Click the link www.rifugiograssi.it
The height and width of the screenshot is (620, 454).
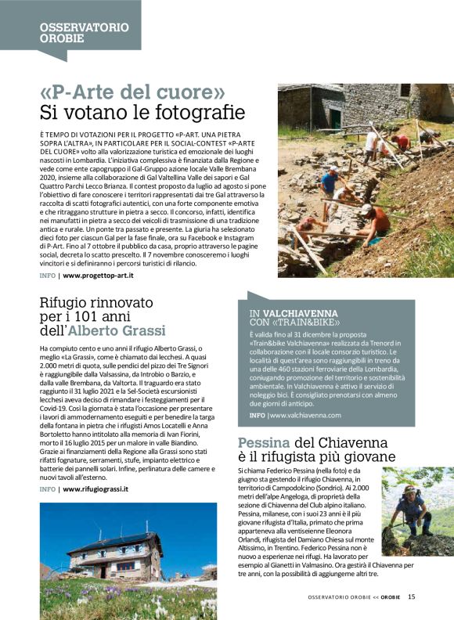(x=95, y=488)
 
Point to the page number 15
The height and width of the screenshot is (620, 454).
(x=411, y=597)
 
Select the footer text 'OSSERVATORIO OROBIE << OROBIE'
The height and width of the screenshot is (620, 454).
(x=354, y=597)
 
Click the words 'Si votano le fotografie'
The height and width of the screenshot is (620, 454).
(x=142, y=112)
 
